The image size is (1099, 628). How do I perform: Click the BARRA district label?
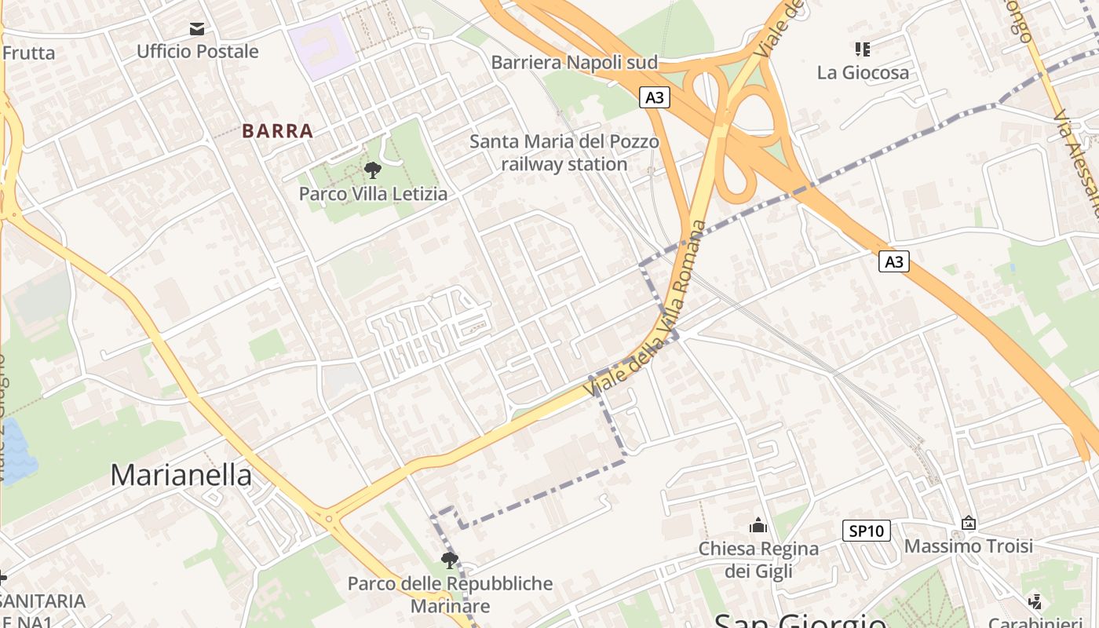pyautogui.click(x=277, y=131)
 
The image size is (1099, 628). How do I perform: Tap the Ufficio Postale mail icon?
pyautogui.click(x=197, y=29)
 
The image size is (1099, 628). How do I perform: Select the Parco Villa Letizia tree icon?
pyautogui.click(x=373, y=170)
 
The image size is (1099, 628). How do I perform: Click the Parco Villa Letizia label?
pyautogui.click(x=373, y=193)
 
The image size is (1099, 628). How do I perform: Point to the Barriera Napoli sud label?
pyautogui.click(x=574, y=62)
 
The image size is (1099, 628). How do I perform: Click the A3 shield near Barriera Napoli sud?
pyautogui.click(x=655, y=97)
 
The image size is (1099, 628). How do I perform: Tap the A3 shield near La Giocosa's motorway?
pyautogui.click(x=893, y=261)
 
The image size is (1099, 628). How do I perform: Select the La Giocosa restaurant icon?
pyautogui.click(x=863, y=49)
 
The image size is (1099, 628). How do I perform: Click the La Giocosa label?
pyautogui.click(x=863, y=72)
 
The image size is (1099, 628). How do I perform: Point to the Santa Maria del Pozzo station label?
pyautogui.click(x=564, y=153)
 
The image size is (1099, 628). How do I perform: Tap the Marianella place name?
pyautogui.click(x=181, y=475)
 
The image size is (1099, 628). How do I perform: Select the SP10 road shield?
pyautogui.click(x=867, y=531)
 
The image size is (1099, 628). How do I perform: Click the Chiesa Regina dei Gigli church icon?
pyautogui.click(x=758, y=524)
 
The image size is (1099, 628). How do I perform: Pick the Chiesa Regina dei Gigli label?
pyautogui.click(x=758, y=559)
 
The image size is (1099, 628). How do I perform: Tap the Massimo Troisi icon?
pyautogui.click(x=969, y=523)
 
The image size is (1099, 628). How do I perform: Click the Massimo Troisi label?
pyautogui.click(x=969, y=546)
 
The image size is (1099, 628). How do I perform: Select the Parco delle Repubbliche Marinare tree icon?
pyautogui.click(x=450, y=560)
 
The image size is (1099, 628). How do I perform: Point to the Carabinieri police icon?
pyautogui.click(x=1035, y=601)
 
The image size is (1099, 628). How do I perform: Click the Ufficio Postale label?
pyautogui.click(x=197, y=52)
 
